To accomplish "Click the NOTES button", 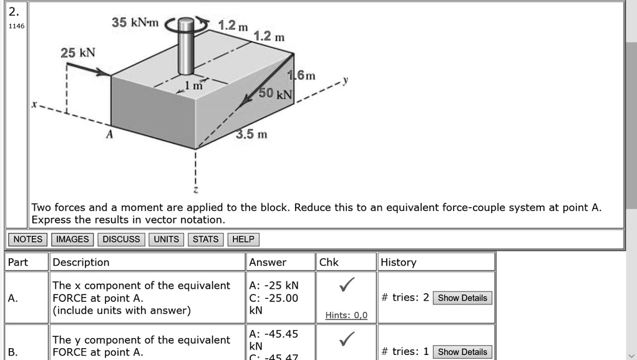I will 28,240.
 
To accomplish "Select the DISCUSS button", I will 122,240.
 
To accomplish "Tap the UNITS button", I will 167,240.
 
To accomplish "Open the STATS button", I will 205,240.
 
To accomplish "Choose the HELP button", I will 243,240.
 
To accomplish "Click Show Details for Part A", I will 462,298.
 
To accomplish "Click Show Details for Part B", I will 462,351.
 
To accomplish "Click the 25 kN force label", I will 78,52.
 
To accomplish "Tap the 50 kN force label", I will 275,94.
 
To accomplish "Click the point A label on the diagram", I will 109,134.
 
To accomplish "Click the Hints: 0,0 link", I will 346,316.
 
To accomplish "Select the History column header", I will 398,262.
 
